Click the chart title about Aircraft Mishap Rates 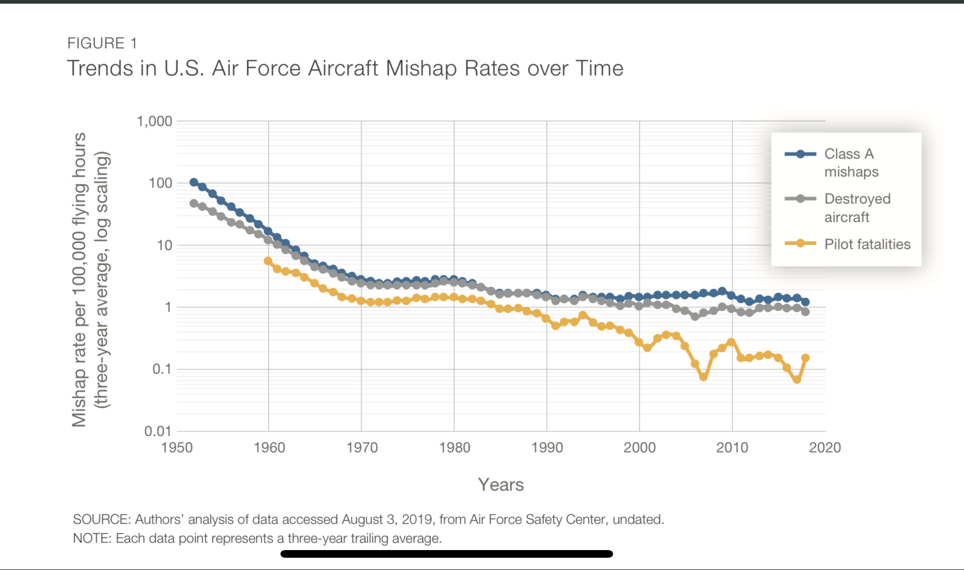tap(345, 68)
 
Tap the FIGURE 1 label tap(102, 43)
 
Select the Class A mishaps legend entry tap(851, 162)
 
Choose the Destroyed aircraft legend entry tap(857, 207)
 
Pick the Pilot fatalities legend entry tap(866, 244)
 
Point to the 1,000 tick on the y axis tap(154, 122)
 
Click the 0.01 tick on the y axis tap(158, 431)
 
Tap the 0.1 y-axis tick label tap(161, 369)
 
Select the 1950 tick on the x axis tap(177, 448)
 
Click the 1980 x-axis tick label tap(454, 448)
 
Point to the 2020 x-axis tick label tap(825, 448)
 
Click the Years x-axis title tap(501, 485)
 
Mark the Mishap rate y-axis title tap(90, 279)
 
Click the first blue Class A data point tap(194, 182)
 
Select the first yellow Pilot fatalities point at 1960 tap(268, 261)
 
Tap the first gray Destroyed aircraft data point tap(194, 203)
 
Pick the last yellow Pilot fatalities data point tap(805, 358)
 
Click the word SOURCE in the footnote tap(101, 519)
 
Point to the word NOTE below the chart tap(91, 538)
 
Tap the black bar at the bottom tap(446, 554)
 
